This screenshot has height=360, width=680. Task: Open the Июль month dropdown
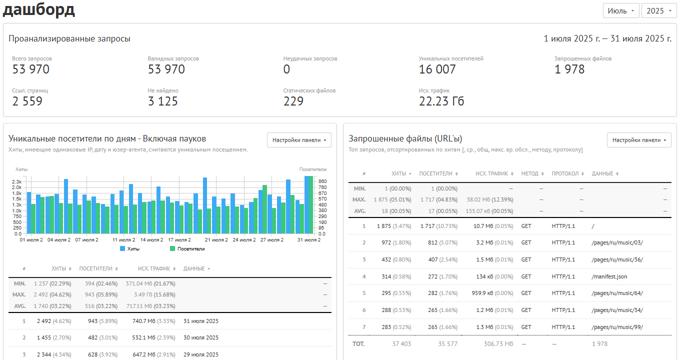point(621,11)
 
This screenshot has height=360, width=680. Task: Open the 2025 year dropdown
point(659,11)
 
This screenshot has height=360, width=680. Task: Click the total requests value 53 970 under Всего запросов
point(30,69)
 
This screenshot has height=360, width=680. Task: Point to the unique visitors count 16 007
point(437,69)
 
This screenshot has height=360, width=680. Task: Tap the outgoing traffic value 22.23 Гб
point(441,101)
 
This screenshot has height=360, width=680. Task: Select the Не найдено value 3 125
point(162,101)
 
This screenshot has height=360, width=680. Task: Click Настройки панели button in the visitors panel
point(299,140)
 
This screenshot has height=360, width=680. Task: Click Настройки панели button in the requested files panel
point(639,140)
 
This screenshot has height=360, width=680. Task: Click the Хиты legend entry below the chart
point(130,249)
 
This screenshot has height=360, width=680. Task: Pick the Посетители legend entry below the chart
point(187,249)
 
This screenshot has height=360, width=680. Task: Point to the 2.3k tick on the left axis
point(17,182)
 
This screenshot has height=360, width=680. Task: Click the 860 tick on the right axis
point(322,181)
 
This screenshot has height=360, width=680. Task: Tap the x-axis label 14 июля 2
point(151,240)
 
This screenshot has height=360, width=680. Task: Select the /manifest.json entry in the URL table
point(609,277)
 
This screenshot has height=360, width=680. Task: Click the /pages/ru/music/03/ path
point(617,243)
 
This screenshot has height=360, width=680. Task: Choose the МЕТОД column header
point(532,173)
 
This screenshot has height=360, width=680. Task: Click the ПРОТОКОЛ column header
point(567,173)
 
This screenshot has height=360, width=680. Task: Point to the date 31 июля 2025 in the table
point(201,321)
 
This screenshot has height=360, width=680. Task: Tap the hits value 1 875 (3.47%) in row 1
point(394,226)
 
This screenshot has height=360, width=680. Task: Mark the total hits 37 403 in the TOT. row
point(401,344)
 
